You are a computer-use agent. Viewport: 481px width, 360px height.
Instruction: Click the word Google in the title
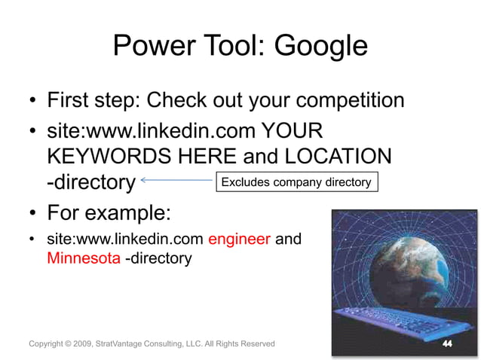(320, 46)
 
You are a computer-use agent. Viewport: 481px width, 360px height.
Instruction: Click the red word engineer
(239, 239)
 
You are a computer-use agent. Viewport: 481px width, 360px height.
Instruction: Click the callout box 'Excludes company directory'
(296, 182)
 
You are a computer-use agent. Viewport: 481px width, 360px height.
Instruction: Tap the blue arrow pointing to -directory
(176, 181)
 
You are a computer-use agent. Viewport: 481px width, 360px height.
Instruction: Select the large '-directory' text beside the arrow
(90, 182)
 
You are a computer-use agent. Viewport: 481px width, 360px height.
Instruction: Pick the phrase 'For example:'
(109, 212)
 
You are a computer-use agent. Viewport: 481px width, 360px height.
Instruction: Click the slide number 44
(447, 343)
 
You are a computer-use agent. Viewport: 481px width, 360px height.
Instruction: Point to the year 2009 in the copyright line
(82, 344)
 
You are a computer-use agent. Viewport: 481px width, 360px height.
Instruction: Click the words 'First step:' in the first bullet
(94, 100)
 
